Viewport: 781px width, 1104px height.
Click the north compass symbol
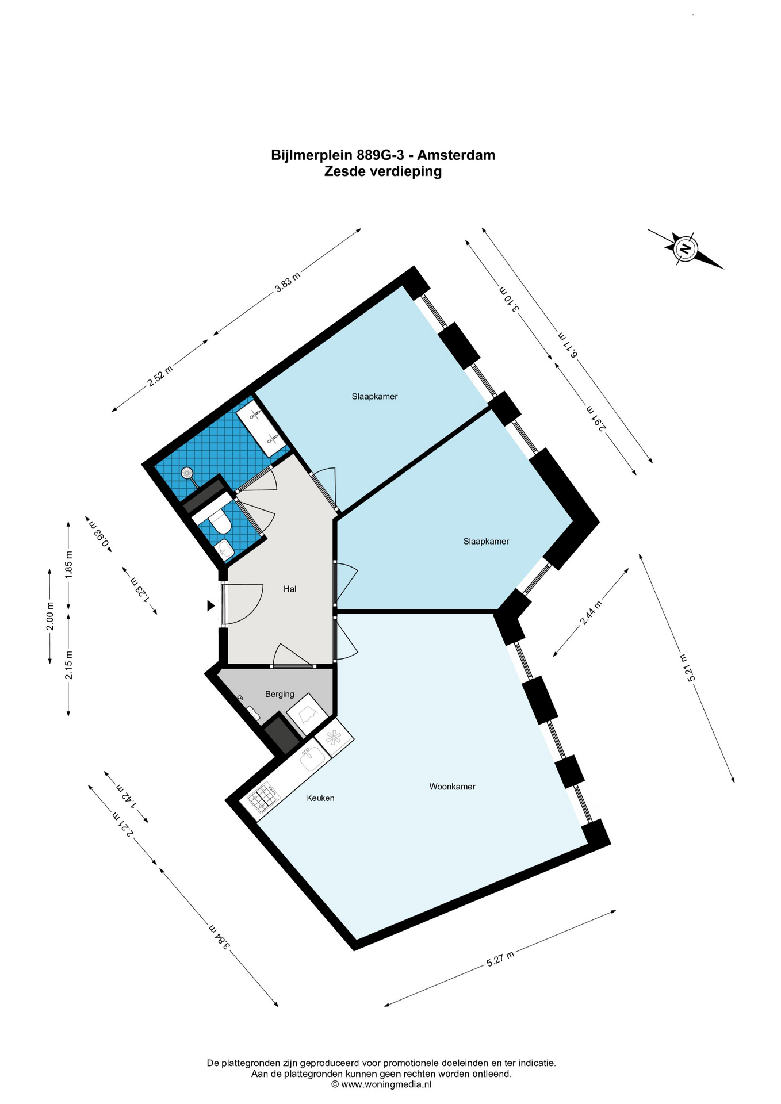tap(686, 249)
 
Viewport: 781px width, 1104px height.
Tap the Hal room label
tap(290, 589)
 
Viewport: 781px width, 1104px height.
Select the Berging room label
tap(280, 694)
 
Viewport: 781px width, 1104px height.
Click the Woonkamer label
tap(452, 787)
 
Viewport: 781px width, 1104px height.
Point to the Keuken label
tap(320, 798)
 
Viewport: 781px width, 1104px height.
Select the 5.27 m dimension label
tap(500, 959)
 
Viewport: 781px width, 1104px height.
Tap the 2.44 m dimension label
tap(592, 612)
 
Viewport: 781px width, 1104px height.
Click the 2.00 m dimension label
tap(50, 616)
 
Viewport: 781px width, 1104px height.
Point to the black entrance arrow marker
tap(211, 605)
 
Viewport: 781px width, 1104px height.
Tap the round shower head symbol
tap(187, 473)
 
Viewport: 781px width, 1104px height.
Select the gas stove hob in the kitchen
tap(263, 798)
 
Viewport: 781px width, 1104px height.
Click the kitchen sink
tap(312, 759)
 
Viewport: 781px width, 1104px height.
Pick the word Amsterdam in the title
tap(456, 155)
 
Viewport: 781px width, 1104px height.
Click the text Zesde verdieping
tap(383, 171)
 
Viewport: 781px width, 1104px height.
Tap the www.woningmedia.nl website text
tap(386, 1084)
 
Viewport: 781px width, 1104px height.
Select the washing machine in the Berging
tap(307, 714)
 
